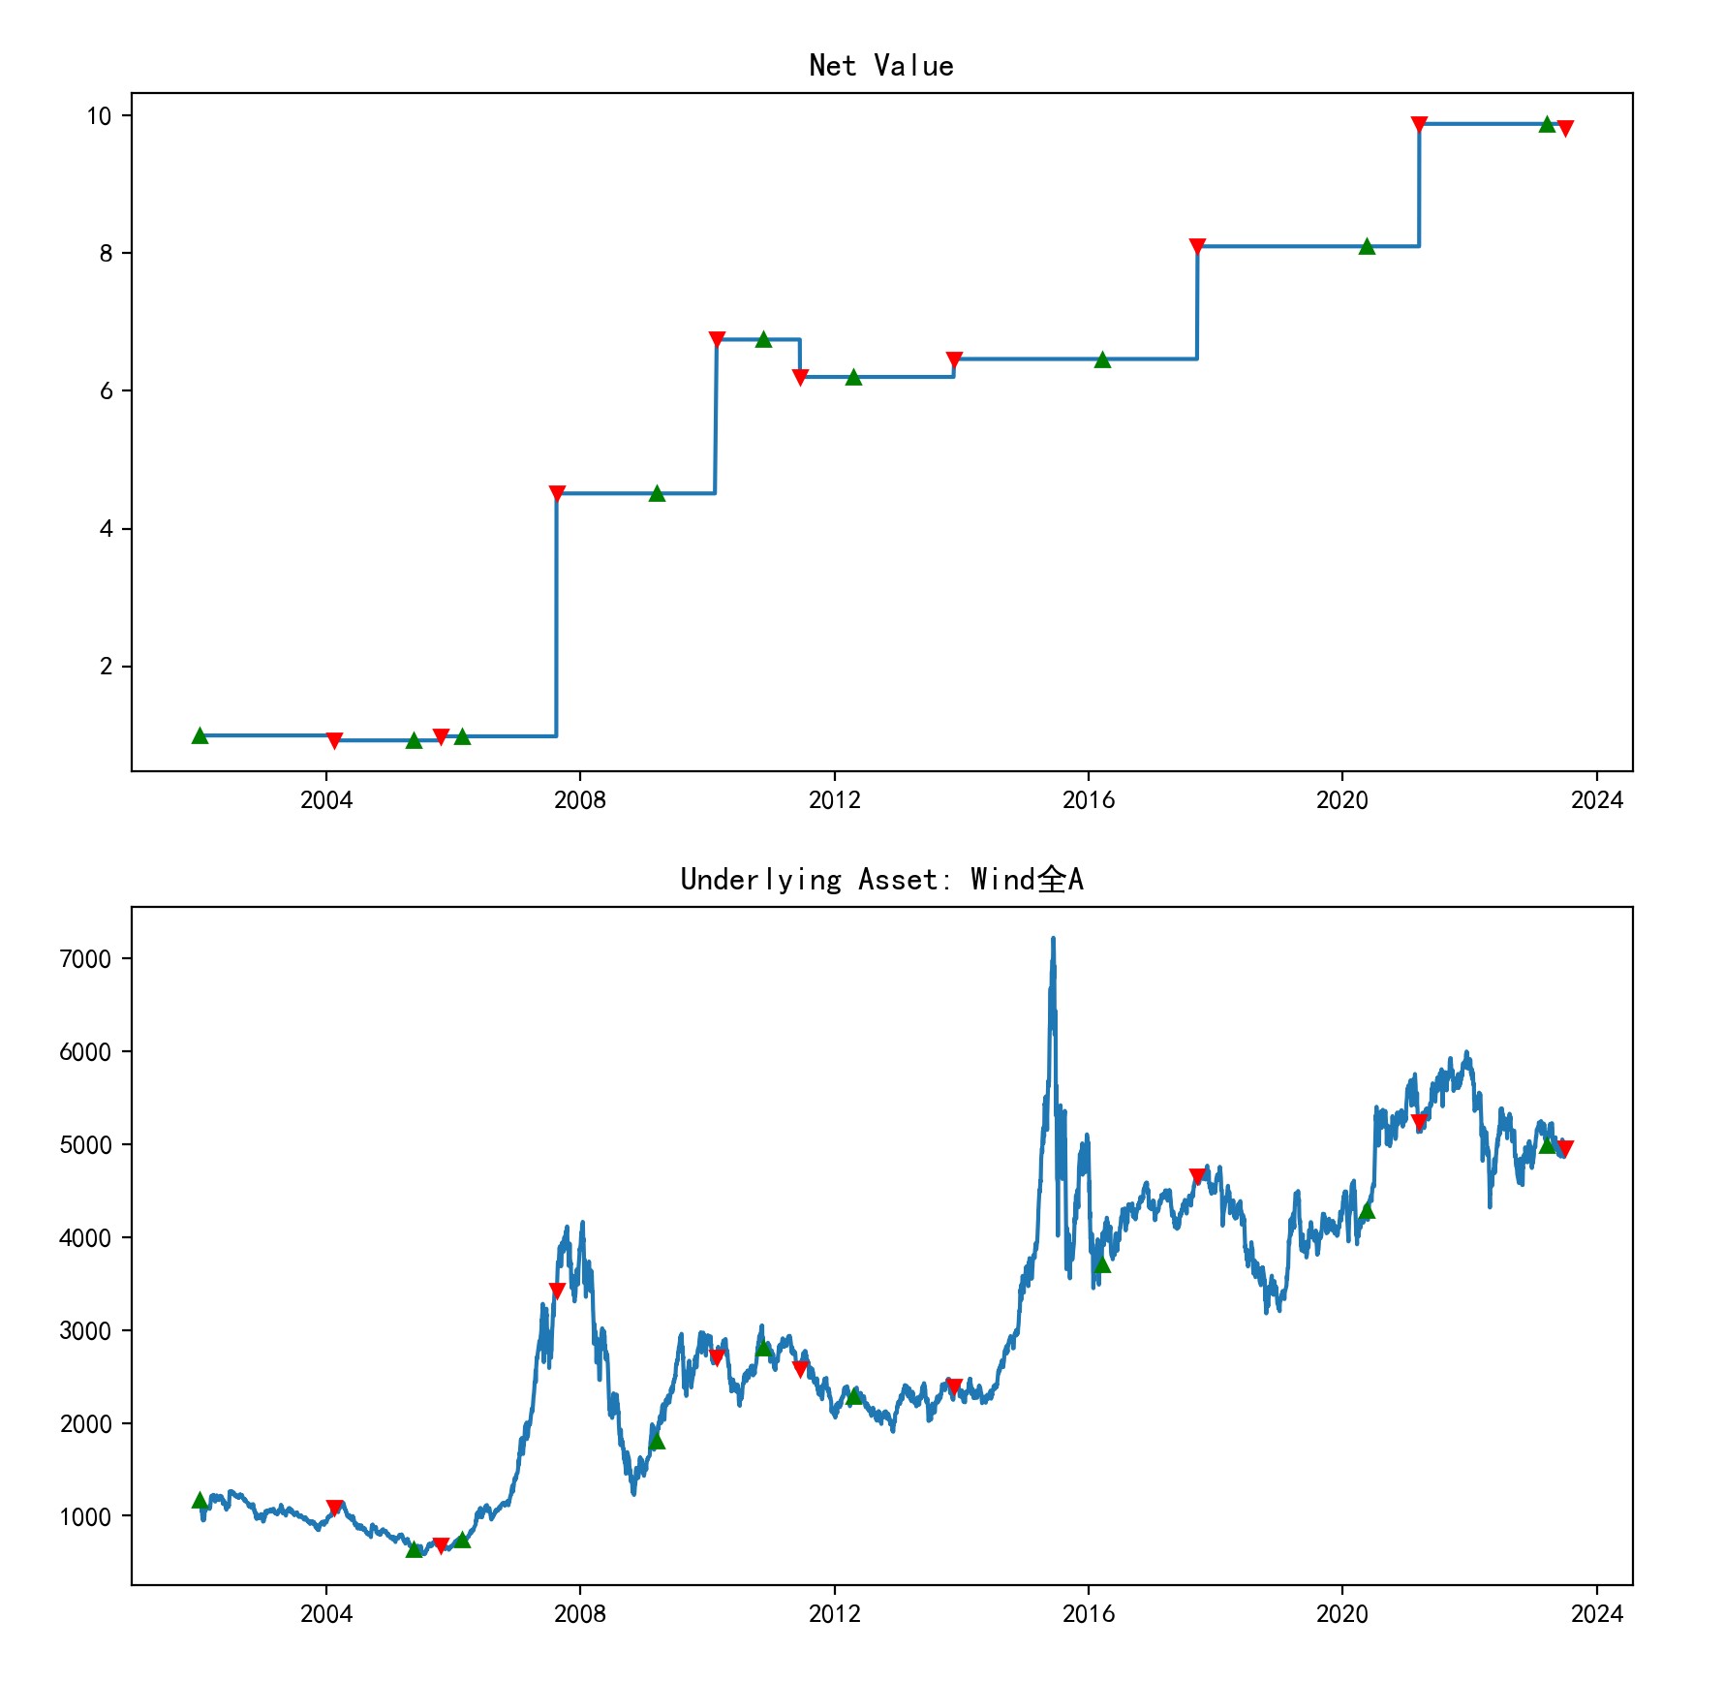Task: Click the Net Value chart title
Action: pos(881,66)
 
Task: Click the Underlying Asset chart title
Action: pos(881,880)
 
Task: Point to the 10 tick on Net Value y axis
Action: pos(100,116)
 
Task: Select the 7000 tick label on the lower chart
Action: pos(85,959)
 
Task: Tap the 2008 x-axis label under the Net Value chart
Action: pos(579,800)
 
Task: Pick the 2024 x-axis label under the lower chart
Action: pos(1596,1614)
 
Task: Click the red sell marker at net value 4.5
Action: pos(557,494)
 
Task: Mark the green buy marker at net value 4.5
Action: pos(657,494)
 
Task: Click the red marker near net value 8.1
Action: pos(1197,247)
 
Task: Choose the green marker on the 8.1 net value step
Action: pos(1367,247)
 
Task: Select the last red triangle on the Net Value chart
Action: pos(1565,129)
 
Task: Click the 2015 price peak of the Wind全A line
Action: pos(1053,940)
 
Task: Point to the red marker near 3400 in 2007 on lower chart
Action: pos(557,1292)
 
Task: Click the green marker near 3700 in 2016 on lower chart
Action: pos(1102,1264)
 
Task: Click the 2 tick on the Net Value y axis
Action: pos(107,667)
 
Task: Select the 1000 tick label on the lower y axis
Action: pos(85,1517)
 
